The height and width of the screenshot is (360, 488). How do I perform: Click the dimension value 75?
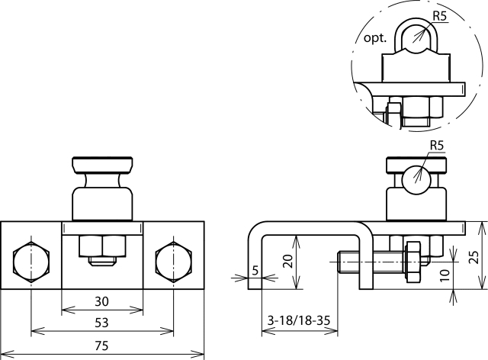point(101,346)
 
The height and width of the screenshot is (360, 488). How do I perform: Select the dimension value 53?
point(101,323)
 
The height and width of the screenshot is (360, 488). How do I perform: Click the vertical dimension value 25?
point(474,256)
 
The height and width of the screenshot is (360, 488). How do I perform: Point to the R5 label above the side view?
point(437,146)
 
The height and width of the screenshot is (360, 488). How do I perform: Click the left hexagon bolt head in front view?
point(30,262)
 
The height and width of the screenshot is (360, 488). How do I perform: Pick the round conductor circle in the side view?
point(416,180)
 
